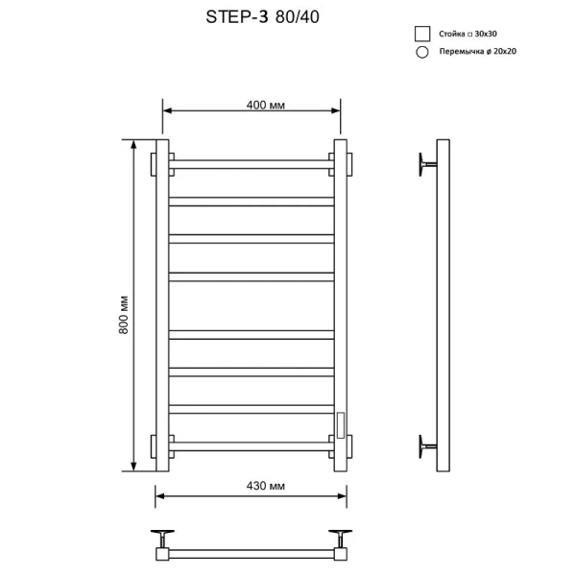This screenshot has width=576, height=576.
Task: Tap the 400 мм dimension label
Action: point(251,104)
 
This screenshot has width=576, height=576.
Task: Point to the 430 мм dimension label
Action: point(252,487)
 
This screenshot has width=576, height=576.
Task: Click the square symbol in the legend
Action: point(420,34)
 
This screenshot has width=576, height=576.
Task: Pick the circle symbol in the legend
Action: point(420,53)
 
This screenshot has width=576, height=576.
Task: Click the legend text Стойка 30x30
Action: point(468,34)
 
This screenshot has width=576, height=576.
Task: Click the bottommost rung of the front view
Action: point(252,445)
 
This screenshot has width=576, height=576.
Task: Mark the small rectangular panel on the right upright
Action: point(338,421)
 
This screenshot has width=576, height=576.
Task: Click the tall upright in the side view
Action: point(443,305)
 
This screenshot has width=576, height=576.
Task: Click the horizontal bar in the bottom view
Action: point(252,554)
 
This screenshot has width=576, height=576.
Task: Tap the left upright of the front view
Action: point(162,305)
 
